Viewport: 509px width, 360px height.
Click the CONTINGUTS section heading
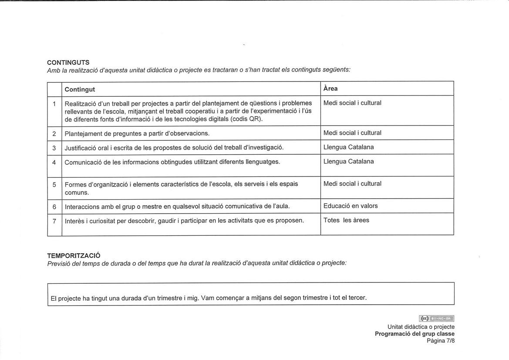tap(68, 62)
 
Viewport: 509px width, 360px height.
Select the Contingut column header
tap(80, 89)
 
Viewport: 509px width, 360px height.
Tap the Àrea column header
tap(330, 88)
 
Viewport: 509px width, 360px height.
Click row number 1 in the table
tap(54, 104)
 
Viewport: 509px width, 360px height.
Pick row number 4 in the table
tap(54, 163)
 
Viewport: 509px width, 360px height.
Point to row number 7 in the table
tap(54, 221)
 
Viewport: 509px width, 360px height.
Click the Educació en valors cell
tap(351, 206)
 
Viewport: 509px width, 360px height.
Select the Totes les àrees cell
tap(346, 220)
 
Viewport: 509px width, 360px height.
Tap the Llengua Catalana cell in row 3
tap(348, 147)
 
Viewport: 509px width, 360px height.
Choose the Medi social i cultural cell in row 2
tap(352, 133)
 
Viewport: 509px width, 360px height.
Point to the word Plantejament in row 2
tap(83, 133)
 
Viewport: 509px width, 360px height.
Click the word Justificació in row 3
tap(81, 148)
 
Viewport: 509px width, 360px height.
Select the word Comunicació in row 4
tap(82, 162)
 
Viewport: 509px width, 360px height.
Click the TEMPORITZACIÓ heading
tap(74, 255)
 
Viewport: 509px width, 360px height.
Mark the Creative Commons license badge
tap(436, 319)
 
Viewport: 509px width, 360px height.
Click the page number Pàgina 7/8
tap(440, 341)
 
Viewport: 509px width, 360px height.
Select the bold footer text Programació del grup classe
tap(415, 334)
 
